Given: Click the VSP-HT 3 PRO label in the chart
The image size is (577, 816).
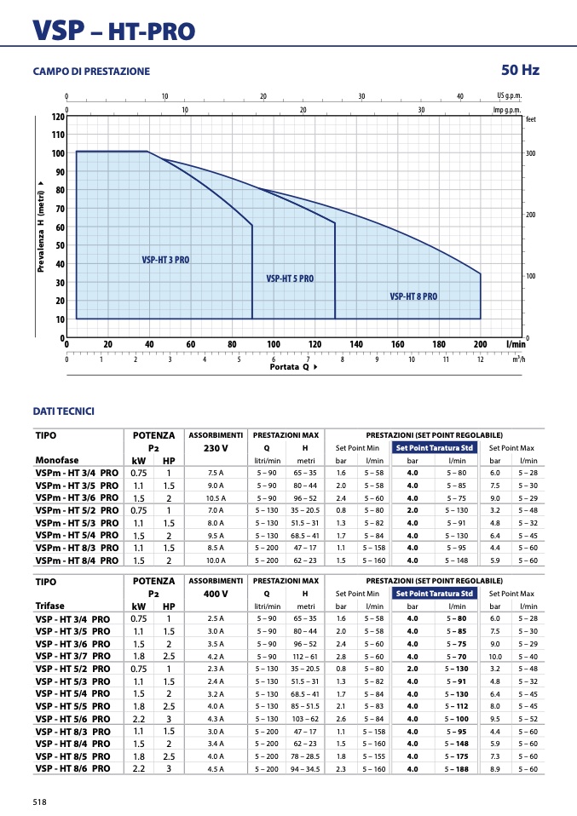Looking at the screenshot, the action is click(165, 260).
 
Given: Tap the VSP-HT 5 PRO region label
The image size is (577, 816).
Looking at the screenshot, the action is click(290, 279).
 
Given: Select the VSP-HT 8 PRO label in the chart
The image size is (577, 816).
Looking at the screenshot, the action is click(413, 296).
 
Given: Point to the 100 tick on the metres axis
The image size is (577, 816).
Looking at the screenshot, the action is click(58, 153).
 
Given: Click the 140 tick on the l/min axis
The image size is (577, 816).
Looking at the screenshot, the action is click(356, 344).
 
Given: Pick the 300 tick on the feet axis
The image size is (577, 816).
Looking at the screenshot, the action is click(531, 153).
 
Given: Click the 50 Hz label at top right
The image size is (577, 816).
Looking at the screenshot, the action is click(520, 70).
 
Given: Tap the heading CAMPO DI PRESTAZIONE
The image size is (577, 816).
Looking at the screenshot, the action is click(91, 72).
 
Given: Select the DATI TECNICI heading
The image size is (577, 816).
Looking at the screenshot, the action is click(64, 411).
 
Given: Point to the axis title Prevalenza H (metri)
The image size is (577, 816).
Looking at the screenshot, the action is click(41, 227).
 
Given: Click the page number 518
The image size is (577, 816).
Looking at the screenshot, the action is click(39, 802).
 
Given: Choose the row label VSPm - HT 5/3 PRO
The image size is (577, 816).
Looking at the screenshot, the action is click(77, 523).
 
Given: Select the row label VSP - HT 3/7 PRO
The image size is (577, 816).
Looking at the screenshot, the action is click(73, 656).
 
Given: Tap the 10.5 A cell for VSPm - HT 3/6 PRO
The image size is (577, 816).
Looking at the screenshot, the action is click(216, 498).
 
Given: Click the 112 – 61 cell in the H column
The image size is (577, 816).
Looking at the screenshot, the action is click(305, 657).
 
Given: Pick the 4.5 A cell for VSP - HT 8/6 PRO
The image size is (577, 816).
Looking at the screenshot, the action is click(216, 769).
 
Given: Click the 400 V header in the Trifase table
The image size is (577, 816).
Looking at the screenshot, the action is click(216, 594).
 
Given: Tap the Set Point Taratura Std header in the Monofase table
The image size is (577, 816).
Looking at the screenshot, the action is click(435, 447).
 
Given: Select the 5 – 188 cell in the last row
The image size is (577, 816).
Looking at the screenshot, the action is click(457, 769).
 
